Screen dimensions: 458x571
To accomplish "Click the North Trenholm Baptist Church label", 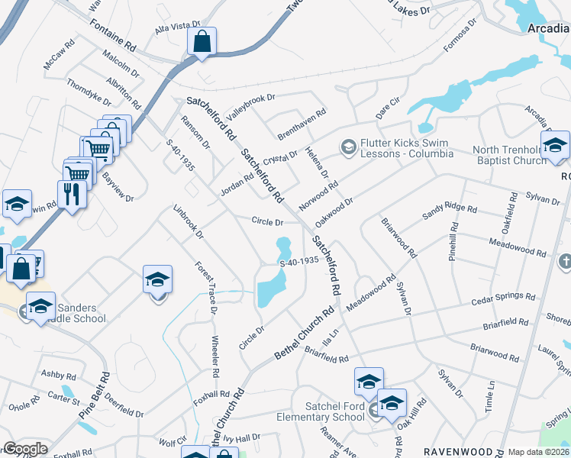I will click(510, 155).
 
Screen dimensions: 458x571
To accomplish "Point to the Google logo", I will click(25, 449).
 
